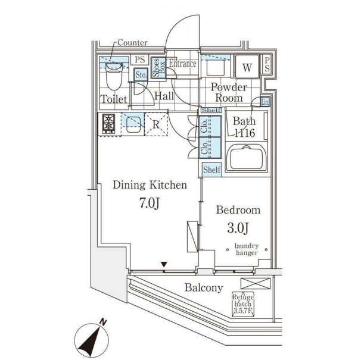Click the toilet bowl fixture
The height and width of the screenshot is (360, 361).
point(114,76)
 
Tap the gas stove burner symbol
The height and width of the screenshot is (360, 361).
point(108,124)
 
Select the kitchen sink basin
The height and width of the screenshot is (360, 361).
point(133,124)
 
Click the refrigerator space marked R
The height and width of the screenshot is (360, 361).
point(156,124)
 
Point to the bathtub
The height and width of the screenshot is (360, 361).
point(247,158)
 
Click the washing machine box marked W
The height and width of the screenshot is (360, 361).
point(247,67)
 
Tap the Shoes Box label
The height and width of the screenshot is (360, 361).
point(158,68)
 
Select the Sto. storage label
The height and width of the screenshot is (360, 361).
point(141,75)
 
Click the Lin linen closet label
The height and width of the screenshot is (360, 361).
point(265,101)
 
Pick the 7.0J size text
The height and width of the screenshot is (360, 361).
point(149,203)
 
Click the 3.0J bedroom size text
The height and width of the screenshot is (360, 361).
point(238,228)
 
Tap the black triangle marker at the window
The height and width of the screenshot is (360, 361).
point(164,264)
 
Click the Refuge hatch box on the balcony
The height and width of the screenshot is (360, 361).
point(243,304)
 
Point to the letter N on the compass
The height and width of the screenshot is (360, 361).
point(104,322)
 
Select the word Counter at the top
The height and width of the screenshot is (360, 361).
point(132,43)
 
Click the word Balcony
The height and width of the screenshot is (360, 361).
point(204,288)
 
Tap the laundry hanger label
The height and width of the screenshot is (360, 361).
point(247,249)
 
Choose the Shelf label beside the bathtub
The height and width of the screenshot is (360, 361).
point(212,170)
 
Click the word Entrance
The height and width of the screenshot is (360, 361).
point(183,64)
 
